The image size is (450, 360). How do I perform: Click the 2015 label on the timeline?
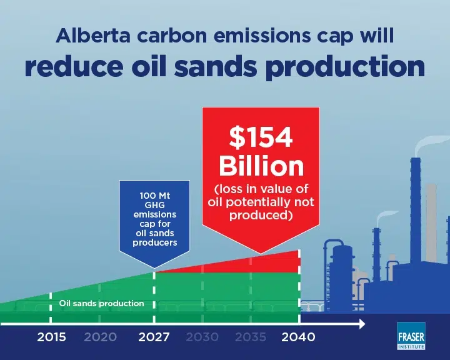tap(51, 337)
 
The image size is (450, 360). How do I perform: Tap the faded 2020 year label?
tap(101, 337)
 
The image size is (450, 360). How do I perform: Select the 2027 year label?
tap(154, 337)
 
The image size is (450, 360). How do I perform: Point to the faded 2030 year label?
tap(202, 337)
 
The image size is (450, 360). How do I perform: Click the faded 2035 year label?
tap(251, 337)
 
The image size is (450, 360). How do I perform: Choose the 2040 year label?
tap(298, 337)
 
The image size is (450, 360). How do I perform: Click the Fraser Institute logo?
tap(411, 336)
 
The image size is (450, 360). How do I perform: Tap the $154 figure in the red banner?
tap(261, 137)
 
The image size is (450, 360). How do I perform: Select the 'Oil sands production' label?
tap(102, 304)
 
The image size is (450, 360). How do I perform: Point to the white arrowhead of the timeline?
tap(362, 324)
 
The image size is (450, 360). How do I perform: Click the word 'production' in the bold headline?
tap(345, 67)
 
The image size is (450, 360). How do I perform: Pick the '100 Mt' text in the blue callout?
tap(155, 196)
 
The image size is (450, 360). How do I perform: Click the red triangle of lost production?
tap(258, 264)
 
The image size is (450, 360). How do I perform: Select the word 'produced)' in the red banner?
tap(261, 215)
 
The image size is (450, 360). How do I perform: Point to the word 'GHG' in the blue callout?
tap(155, 205)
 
